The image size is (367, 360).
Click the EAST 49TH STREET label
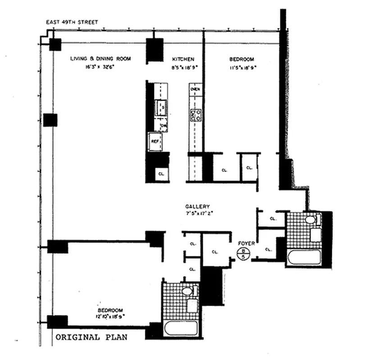pos(72,22)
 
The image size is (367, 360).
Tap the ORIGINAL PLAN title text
pos(91,337)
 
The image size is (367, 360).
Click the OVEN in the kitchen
pos(195,90)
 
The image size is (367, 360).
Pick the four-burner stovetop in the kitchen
pos(195,115)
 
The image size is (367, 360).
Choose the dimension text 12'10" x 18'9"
pos(110,316)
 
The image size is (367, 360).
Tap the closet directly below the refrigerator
pos(160,173)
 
